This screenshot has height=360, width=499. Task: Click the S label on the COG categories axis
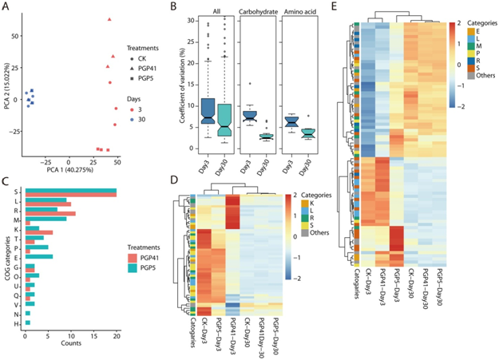[x=18, y=192]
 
